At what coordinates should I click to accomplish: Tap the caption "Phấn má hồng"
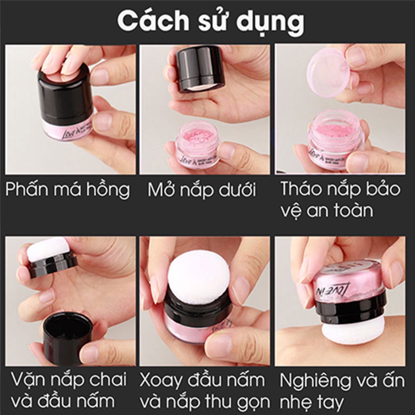(68, 190)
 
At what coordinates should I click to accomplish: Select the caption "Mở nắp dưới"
(202, 190)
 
